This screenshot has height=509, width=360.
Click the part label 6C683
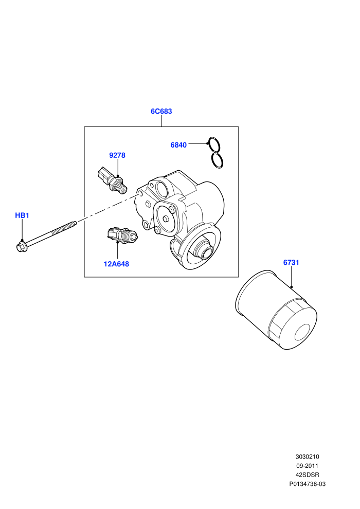point(161,112)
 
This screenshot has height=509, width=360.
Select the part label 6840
point(178,145)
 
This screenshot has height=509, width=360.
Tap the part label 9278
point(117,155)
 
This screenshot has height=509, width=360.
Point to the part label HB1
point(22,215)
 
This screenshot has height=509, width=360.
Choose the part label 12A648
point(116,264)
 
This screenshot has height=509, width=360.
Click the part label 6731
point(291,262)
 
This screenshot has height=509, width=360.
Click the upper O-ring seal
point(214,144)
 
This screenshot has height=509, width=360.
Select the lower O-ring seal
point(217,160)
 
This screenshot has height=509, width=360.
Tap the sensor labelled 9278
point(112,180)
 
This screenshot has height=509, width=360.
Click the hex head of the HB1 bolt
point(22,246)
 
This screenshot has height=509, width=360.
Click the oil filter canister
point(276,310)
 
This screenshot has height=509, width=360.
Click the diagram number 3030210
point(307,457)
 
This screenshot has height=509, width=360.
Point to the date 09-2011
point(307,466)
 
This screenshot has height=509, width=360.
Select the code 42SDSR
point(307,475)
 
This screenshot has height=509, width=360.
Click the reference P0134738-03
point(307,484)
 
